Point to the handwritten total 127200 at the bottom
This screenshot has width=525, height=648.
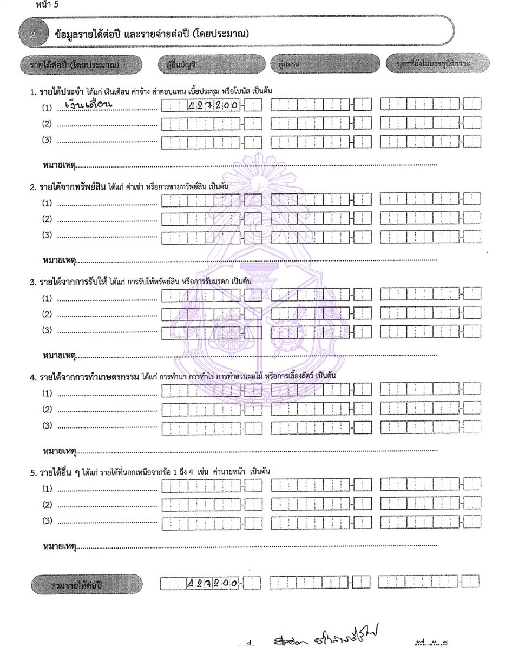(x=212, y=583)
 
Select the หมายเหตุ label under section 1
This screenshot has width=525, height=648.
(x=59, y=163)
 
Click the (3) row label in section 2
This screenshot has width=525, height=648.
(x=48, y=236)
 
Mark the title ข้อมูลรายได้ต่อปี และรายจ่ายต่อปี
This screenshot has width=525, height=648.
(x=152, y=35)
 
